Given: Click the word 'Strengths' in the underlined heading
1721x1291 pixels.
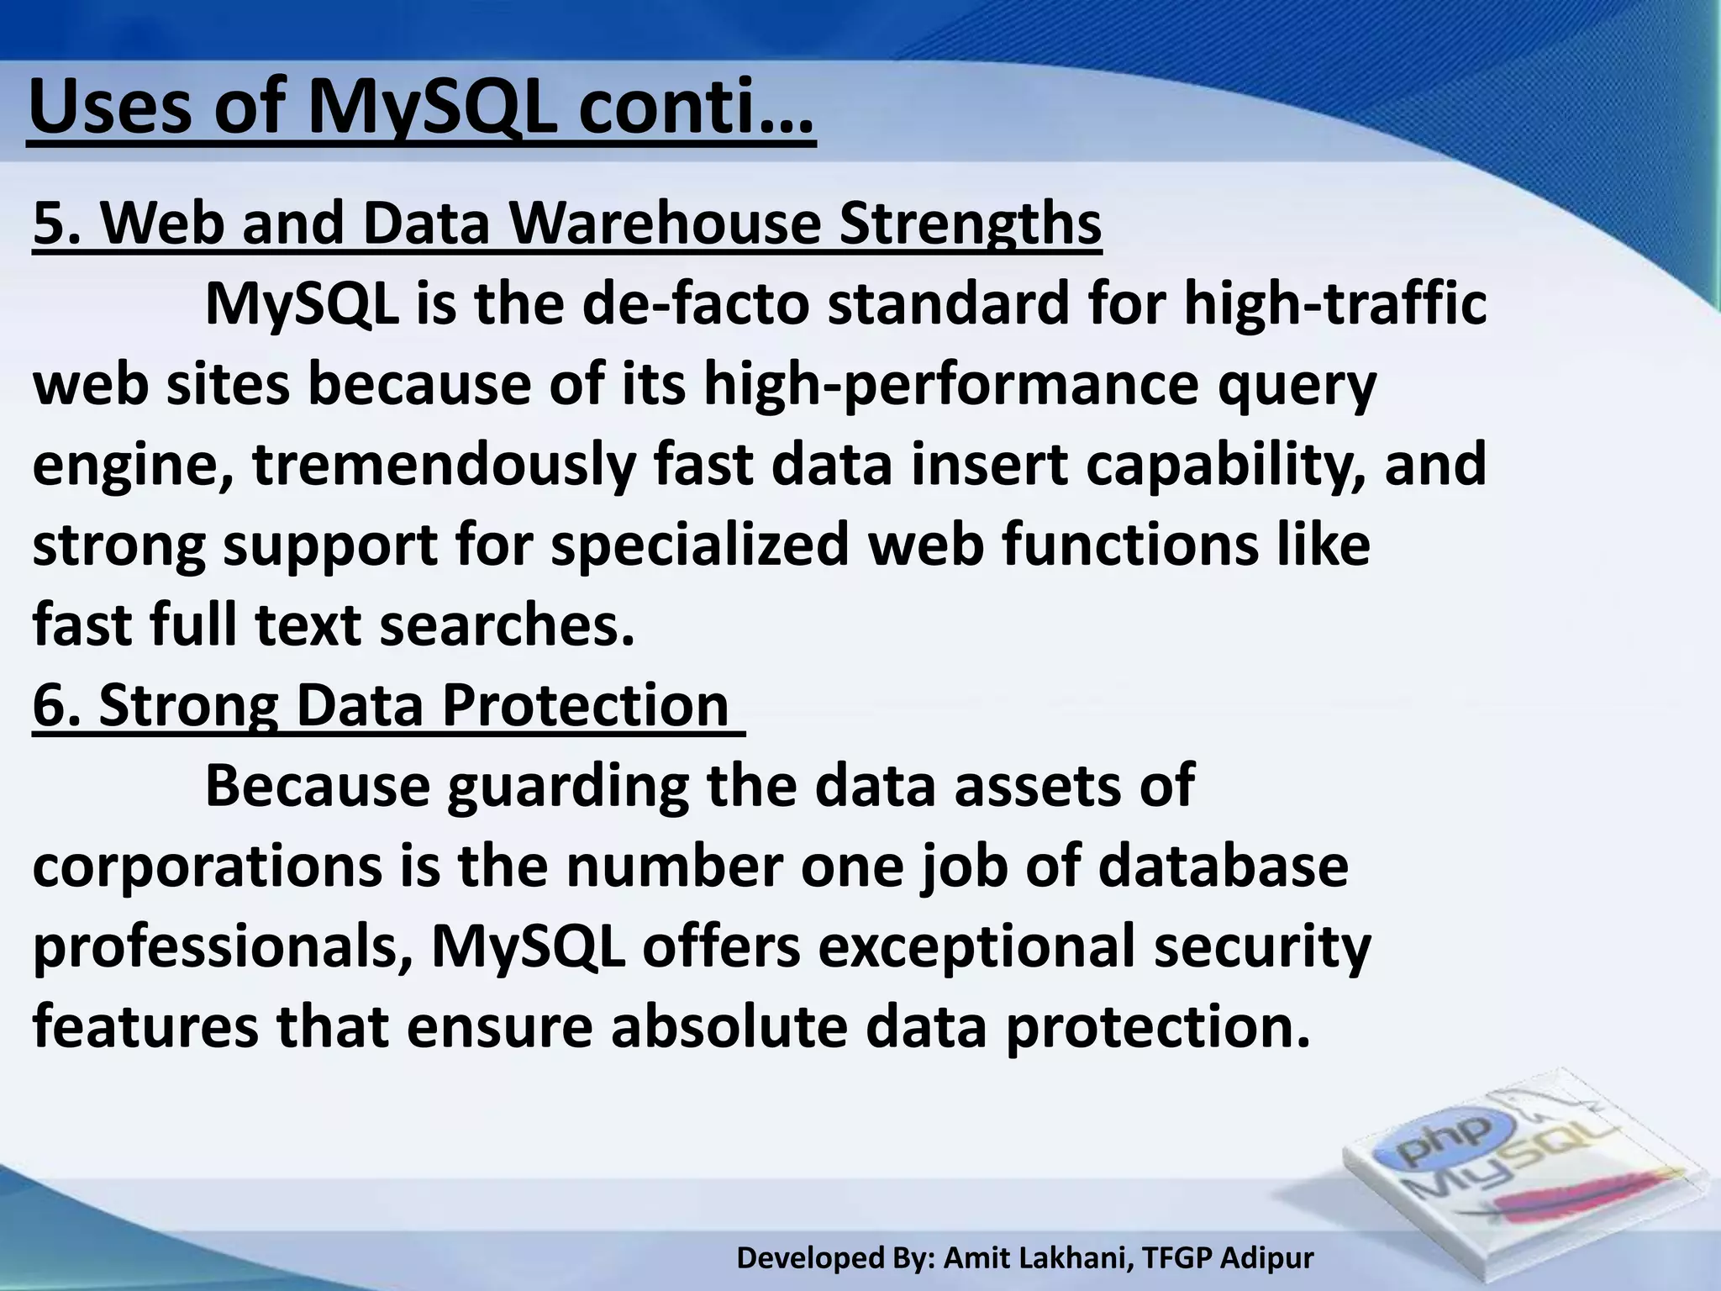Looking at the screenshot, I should [970, 224].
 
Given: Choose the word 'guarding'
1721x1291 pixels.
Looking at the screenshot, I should [567, 786].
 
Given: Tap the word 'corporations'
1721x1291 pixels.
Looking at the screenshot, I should [207, 867].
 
